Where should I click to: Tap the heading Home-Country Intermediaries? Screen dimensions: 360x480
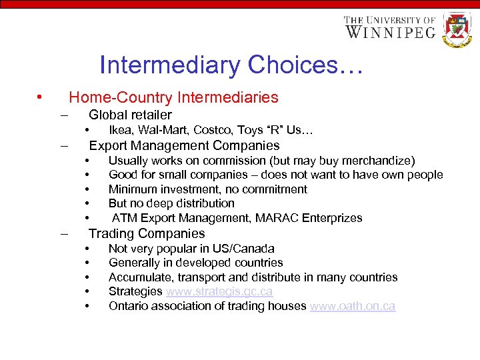pos(173,97)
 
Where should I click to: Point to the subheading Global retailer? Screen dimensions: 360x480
pos(130,115)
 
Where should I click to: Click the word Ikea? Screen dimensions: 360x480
pos(121,130)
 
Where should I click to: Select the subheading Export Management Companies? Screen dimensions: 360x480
pos(184,145)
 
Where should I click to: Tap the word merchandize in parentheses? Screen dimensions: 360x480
pos(375,161)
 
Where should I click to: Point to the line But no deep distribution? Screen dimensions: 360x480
pos(171,203)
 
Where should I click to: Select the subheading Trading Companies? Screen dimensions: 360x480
pos(147,233)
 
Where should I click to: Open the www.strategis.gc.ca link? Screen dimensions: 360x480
pos(219,291)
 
